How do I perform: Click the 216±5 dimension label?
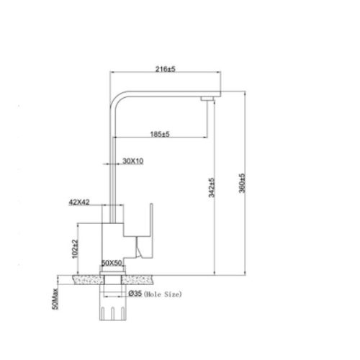coord(166,69)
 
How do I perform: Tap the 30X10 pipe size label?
coord(132,161)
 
